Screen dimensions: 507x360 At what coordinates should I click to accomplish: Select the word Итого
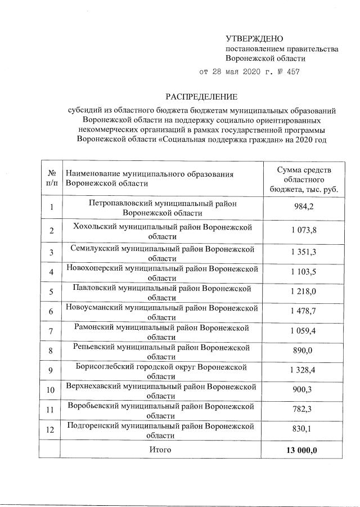[160, 450]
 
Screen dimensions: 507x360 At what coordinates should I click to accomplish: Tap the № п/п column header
[51, 178]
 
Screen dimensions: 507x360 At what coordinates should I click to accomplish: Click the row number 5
[51, 291]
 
